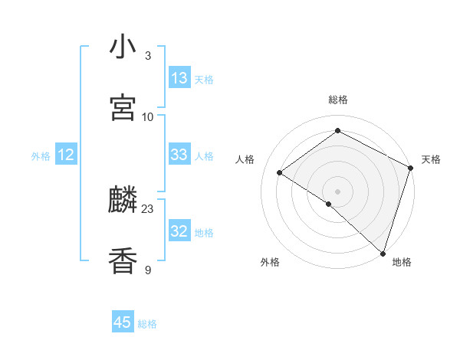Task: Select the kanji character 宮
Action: point(123,108)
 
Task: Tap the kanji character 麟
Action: point(123,201)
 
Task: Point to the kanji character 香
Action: point(123,260)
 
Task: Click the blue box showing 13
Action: point(179,78)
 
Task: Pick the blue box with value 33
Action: point(179,155)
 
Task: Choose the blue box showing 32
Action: point(179,231)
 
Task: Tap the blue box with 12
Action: point(66,155)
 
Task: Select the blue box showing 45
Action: point(123,322)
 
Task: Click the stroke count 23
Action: point(148,208)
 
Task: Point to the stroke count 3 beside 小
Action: point(148,56)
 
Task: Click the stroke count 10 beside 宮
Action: point(148,116)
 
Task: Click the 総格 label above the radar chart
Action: point(338,100)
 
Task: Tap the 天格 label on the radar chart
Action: point(431,159)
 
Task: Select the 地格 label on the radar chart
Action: point(402,262)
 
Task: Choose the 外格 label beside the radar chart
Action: point(270,262)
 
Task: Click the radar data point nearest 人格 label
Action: point(280,172)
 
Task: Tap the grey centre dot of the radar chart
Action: point(338,191)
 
